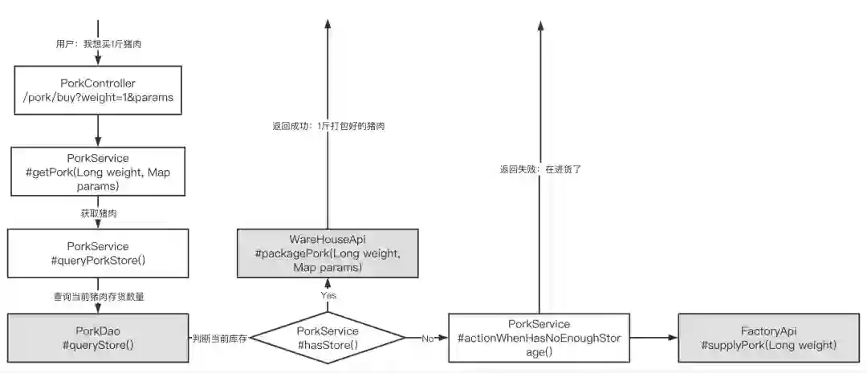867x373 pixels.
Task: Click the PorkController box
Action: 97,91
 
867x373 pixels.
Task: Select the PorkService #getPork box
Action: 97,171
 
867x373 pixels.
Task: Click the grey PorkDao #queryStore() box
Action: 97,338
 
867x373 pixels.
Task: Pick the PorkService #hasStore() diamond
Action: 327,338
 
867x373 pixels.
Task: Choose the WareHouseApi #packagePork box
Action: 327,253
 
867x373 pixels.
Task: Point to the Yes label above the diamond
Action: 328,295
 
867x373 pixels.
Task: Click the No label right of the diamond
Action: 428,339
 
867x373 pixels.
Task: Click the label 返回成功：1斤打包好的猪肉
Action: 328,126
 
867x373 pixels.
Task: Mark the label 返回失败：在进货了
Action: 539,169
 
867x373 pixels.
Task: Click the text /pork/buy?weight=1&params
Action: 97,98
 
